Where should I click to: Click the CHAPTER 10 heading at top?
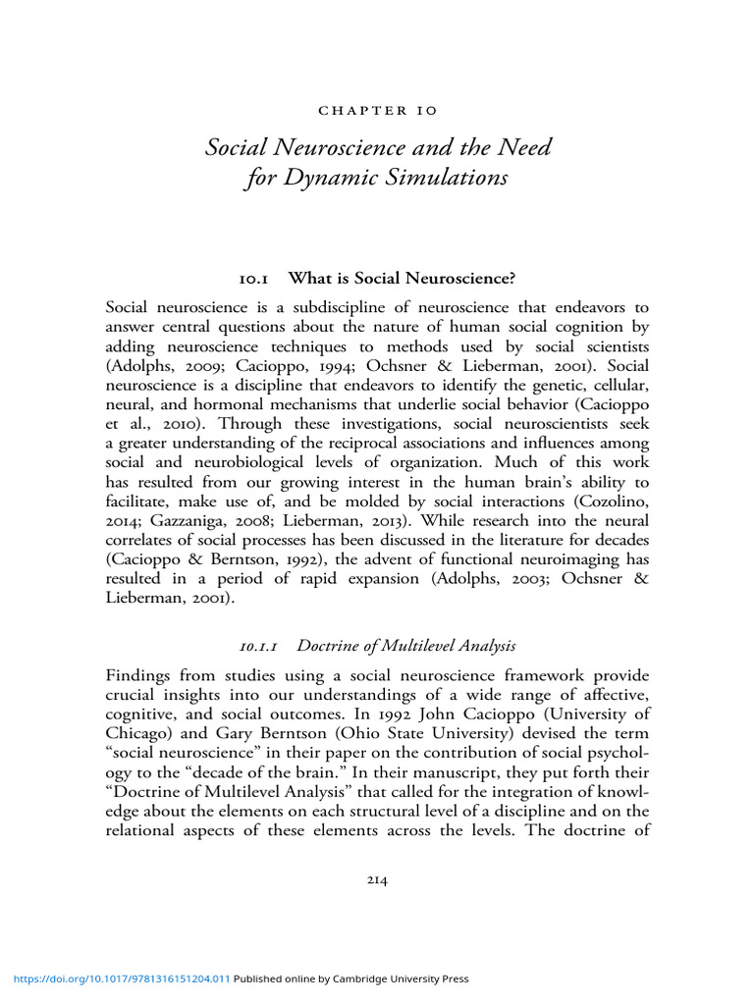pos(378,113)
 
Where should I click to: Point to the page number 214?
pos(378,880)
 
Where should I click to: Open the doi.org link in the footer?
pos(121,979)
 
